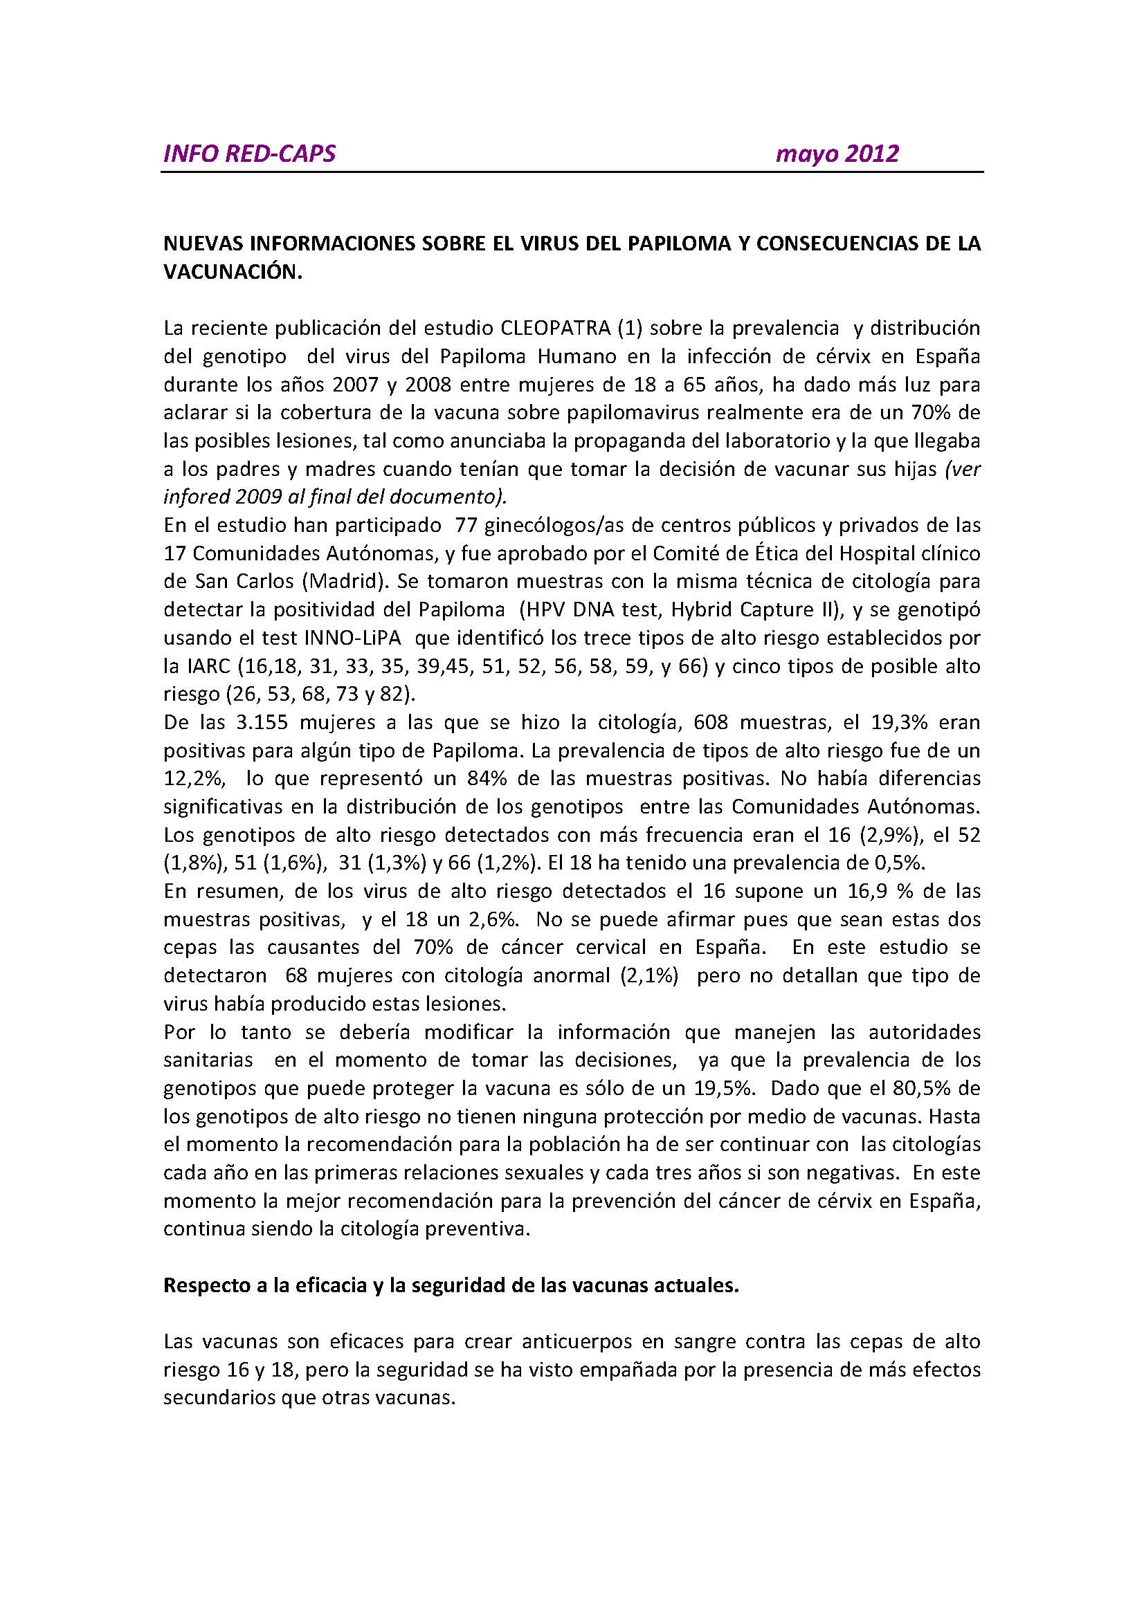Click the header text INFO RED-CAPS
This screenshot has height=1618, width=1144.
coord(249,154)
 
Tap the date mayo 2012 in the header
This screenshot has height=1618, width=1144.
coord(837,154)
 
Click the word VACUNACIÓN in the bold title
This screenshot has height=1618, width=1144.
coord(233,273)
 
